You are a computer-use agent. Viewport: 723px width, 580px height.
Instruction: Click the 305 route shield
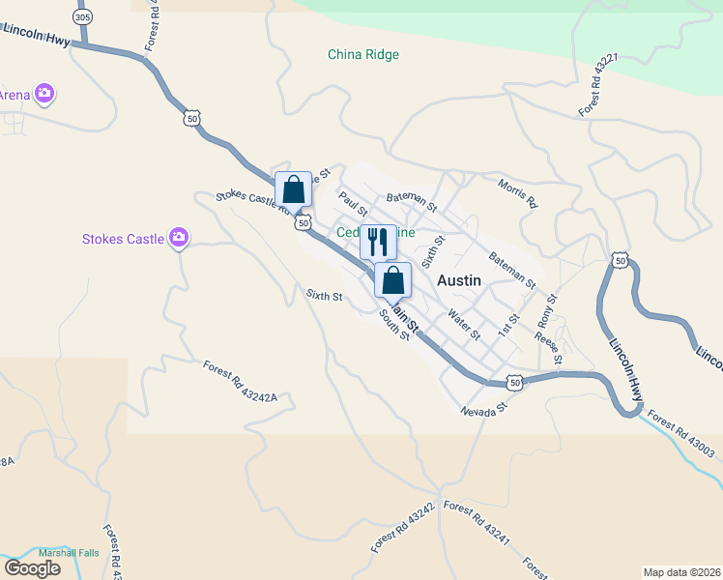[x=83, y=18]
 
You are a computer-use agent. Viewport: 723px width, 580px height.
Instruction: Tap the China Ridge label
[x=363, y=55]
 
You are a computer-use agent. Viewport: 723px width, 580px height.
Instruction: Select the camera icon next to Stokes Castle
[x=178, y=238]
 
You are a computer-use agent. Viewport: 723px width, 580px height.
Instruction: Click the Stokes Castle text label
[x=122, y=239]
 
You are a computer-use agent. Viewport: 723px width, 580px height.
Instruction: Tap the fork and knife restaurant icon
[x=378, y=242]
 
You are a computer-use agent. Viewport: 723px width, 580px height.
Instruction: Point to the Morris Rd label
[x=517, y=192]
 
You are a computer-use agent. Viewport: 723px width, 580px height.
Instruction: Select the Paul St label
[x=353, y=204]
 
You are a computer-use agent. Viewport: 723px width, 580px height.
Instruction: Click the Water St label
[x=465, y=323]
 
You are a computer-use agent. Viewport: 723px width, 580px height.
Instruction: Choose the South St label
[x=394, y=323]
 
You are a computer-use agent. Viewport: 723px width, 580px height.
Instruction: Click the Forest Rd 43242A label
[x=240, y=381]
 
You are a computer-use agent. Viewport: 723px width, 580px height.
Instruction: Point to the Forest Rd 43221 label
[x=598, y=86]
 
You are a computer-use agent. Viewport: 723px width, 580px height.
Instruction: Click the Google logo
[x=33, y=568]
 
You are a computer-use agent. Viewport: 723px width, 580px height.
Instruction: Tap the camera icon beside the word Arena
[x=44, y=94]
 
